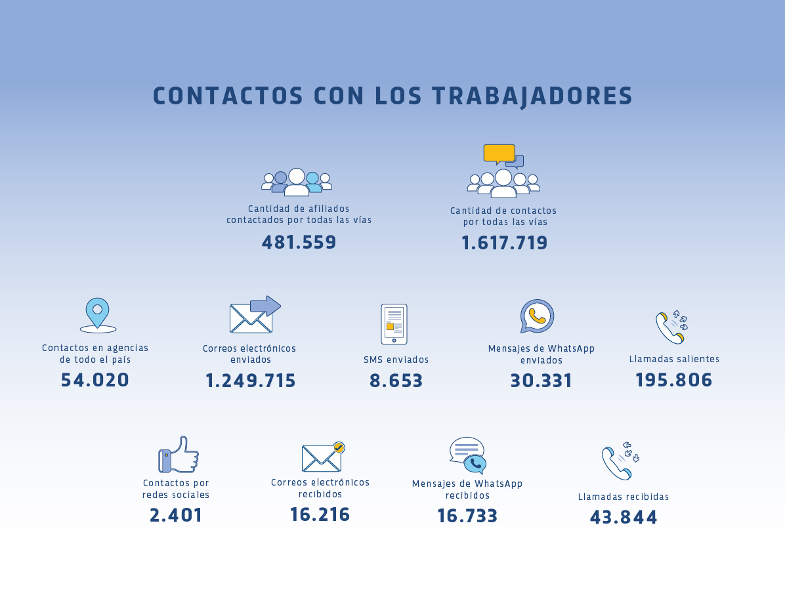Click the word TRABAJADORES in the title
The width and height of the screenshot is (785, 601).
(532, 96)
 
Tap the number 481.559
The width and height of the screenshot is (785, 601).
(299, 242)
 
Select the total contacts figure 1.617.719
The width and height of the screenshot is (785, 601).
(504, 243)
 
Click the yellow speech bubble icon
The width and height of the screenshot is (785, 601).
(499, 153)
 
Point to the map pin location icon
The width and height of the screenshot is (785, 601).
(97, 314)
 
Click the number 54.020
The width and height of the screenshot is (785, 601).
(95, 380)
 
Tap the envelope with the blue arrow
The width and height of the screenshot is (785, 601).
(255, 315)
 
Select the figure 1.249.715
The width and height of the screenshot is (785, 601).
(251, 381)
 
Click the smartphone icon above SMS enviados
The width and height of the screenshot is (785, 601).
(394, 323)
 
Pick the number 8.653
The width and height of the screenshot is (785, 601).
(396, 381)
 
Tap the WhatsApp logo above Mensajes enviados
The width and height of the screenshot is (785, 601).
(537, 316)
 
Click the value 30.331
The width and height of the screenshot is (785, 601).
(541, 381)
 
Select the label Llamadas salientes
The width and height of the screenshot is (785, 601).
(674, 359)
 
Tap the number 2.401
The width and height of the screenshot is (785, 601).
(176, 515)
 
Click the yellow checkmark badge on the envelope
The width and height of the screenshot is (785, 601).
(339, 447)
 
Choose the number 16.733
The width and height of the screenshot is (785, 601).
(467, 516)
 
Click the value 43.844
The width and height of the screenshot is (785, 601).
(624, 517)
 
